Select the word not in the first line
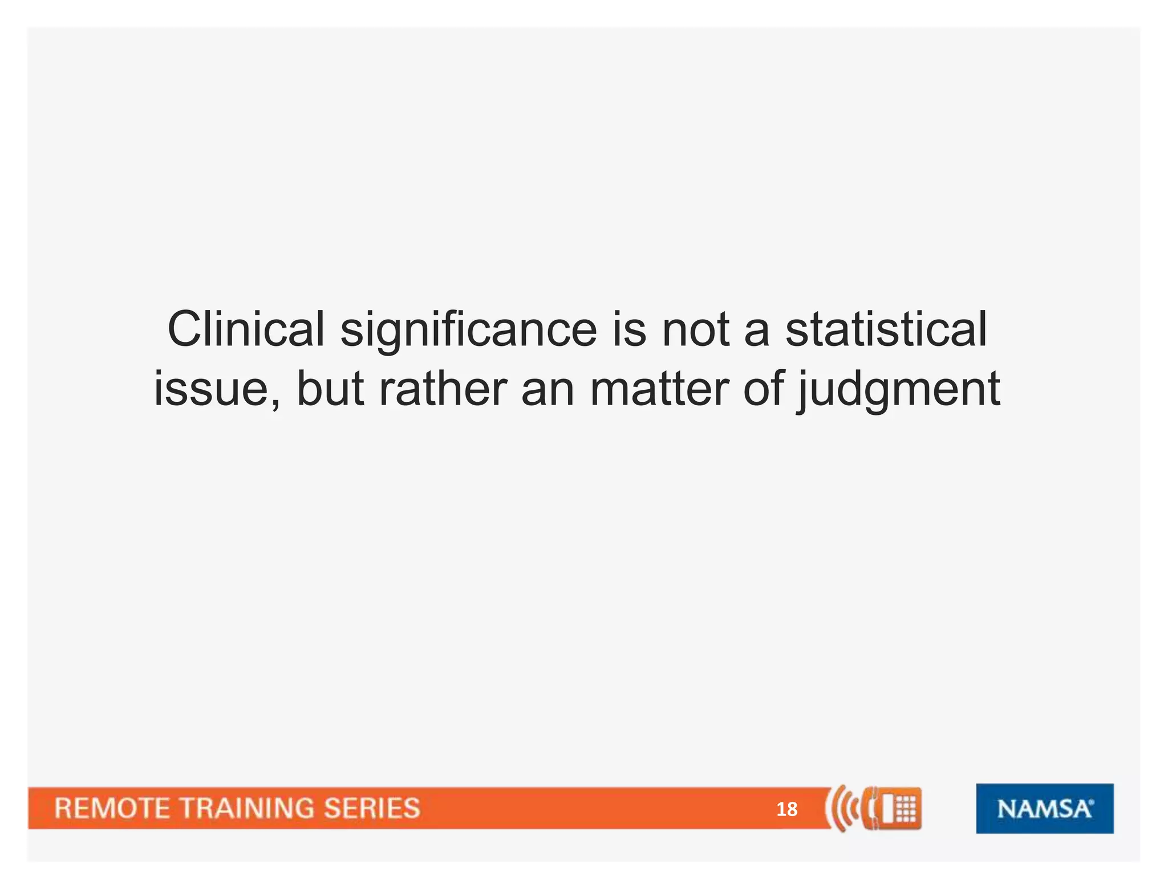pos(696,331)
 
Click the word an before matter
pos(548,391)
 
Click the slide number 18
pos(786,809)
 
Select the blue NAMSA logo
pos(1044,809)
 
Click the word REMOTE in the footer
pos(112,809)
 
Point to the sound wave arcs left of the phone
pos(841,808)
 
